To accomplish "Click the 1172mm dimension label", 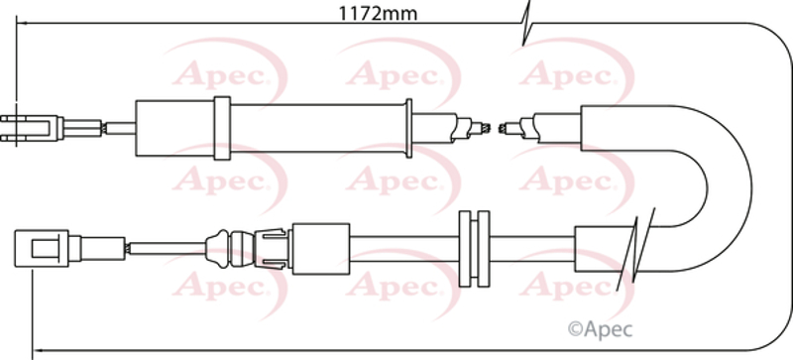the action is pyautogui.click(x=378, y=14).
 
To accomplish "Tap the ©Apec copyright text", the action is pyautogui.click(x=601, y=329).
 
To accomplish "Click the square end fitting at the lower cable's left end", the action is pyautogui.click(x=41, y=248).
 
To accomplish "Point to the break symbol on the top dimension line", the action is pyautogui.click(x=526, y=23).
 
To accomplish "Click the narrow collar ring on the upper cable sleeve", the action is pyautogui.click(x=222, y=128).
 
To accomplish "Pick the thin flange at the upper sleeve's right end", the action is pyautogui.click(x=408, y=128).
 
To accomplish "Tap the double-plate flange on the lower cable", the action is pyautogui.click(x=474, y=249).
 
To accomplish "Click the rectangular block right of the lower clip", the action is pyautogui.click(x=321, y=249).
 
